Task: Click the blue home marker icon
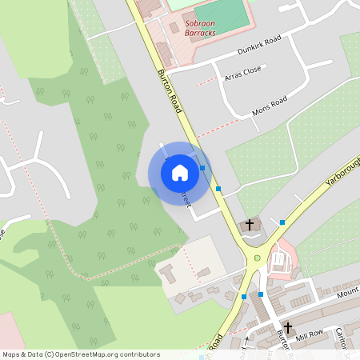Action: pyautogui.click(x=180, y=172)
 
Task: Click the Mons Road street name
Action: pyautogui.click(x=269, y=105)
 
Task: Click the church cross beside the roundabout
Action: pyautogui.click(x=250, y=225)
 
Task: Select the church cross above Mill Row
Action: pyautogui.click(x=288, y=328)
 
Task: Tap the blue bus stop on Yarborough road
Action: pyautogui.click(x=282, y=222)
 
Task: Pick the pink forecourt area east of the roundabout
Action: pyautogui.click(x=282, y=261)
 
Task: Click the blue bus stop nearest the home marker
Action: pyautogui.click(x=202, y=168)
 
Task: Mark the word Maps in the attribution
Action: pyautogui.click(x=11, y=354)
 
